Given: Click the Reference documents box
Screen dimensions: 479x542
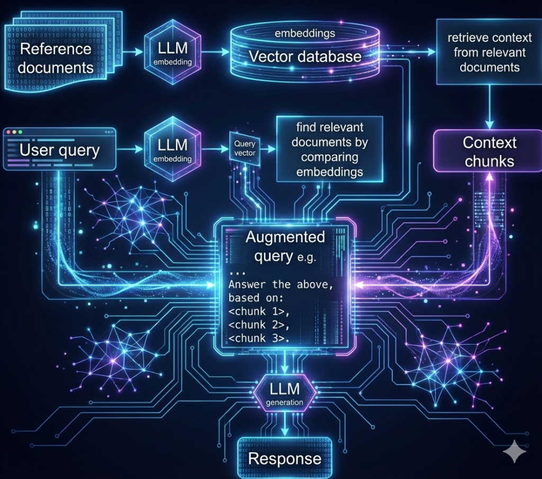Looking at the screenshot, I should (56, 58).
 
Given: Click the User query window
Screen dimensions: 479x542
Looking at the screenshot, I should (59, 150).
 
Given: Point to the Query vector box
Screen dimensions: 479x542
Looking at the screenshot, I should (244, 149).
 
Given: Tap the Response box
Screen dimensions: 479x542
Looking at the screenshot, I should (285, 458).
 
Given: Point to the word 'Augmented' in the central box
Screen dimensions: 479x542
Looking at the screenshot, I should (285, 237).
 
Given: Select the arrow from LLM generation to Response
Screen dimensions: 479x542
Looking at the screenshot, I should (285, 426).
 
